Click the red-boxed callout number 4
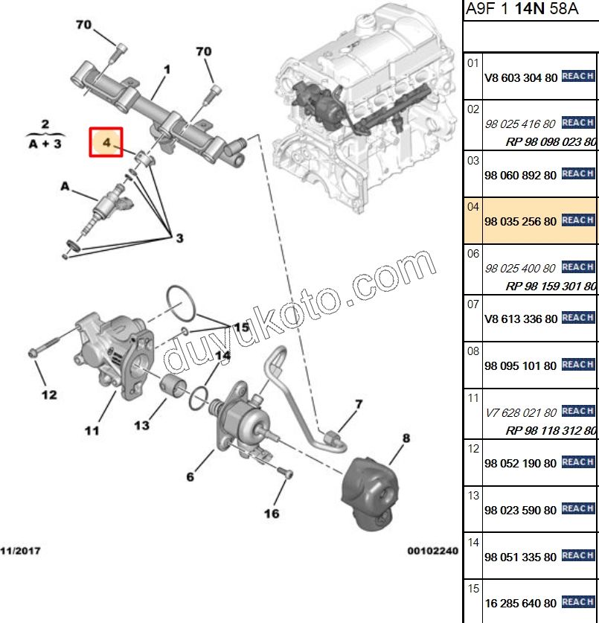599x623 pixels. pos(106,141)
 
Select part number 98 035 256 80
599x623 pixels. pos(520,222)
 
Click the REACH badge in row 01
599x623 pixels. pos(577,76)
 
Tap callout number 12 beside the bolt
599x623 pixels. pos(48,394)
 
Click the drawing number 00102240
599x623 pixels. pos(432,551)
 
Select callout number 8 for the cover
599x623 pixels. pos(406,438)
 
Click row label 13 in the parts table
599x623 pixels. pos(473,494)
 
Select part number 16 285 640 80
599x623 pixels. pos(520,603)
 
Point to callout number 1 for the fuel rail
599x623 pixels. pos(167,69)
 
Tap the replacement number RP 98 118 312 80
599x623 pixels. pos(551,430)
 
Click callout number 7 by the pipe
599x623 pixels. pos(358,404)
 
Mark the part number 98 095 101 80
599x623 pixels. pos(520,366)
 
